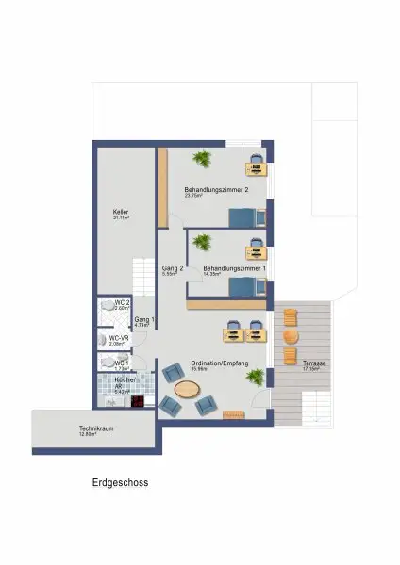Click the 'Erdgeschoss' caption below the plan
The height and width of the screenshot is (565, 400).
(x=120, y=482)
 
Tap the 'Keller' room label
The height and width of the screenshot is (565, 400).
(x=120, y=213)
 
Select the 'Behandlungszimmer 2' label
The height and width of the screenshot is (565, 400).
(x=216, y=191)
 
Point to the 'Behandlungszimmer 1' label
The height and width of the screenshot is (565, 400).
(x=235, y=268)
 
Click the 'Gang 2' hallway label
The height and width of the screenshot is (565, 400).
(x=171, y=269)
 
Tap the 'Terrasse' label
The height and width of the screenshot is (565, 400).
(x=313, y=363)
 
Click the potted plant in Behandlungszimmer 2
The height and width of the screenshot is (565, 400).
(x=201, y=156)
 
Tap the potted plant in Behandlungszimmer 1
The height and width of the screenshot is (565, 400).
(x=201, y=243)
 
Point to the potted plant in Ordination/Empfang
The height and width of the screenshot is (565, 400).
(x=254, y=377)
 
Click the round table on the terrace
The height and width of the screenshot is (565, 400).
(x=291, y=336)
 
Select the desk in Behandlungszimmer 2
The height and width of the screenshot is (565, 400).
(x=257, y=169)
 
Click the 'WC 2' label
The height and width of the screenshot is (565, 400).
(x=121, y=303)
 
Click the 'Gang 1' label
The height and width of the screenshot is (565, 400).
(x=143, y=322)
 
